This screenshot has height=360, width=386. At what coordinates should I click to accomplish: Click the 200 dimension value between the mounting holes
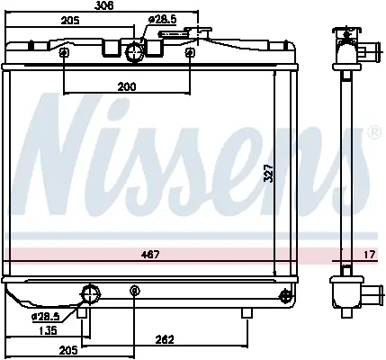[127, 86]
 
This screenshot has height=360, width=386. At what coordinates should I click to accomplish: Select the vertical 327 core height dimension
[269, 173]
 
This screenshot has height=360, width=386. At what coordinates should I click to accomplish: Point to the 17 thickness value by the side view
[370, 255]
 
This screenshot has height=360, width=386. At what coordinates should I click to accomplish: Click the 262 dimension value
[165, 340]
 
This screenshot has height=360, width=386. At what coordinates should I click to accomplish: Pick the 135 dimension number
[49, 331]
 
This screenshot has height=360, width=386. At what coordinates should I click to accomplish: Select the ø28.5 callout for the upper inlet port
[163, 20]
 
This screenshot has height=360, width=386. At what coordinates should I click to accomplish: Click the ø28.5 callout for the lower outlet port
[46, 317]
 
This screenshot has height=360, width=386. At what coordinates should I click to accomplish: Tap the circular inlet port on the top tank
[135, 52]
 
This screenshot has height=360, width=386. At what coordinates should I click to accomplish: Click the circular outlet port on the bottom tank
[90, 294]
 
